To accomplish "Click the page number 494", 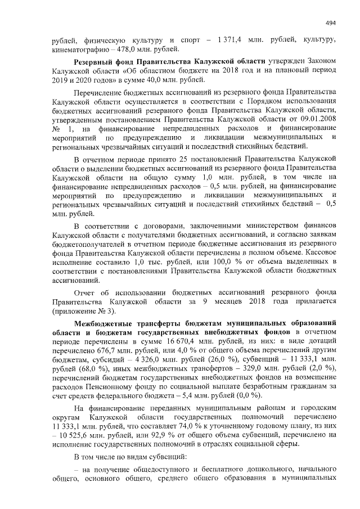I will pyautogui.click(x=331, y=22).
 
